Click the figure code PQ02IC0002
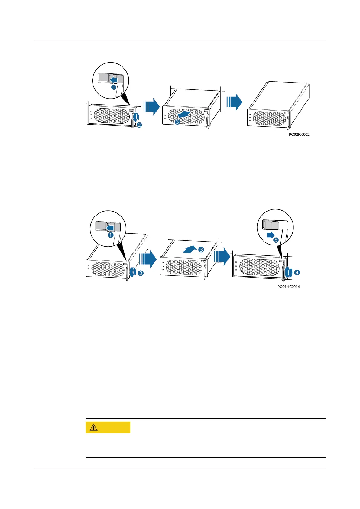(x=299, y=135)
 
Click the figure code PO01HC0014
(x=289, y=287)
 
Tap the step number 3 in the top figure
(x=177, y=122)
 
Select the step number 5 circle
(x=276, y=240)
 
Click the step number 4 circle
(x=297, y=272)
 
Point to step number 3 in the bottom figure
(x=201, y=250)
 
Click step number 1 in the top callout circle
(x=114, y=87)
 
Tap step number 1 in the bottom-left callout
(x=111, y=235)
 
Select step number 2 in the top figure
(x=139, y=124)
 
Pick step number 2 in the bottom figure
(x=140, y=273)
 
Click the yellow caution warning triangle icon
(x=93, y=427)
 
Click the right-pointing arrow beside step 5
(x=271, y=235)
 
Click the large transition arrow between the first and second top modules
(x=152, y=106)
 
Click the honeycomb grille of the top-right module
(x=269, y=118)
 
